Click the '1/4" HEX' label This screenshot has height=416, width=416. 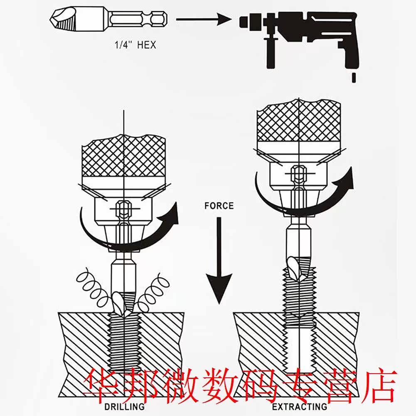(135, 45)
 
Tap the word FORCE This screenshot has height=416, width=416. (219, 205)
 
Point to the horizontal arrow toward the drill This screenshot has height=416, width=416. (204, 19)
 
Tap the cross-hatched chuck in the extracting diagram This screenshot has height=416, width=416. (299, 123)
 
